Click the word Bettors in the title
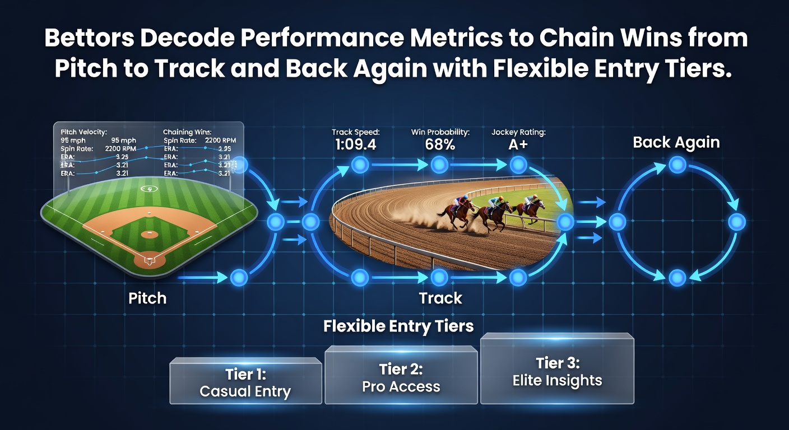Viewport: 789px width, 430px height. tap(89, 38)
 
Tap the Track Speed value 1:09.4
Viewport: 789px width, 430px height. tap(355, 144)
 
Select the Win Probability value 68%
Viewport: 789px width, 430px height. tap(440, 144)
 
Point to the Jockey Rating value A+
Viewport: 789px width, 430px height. tap(518, 144)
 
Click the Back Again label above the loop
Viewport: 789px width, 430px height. tap(676, 143)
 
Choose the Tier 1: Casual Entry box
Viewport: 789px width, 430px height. tap(245, 381)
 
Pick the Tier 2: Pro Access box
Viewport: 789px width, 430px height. tap(401, 375)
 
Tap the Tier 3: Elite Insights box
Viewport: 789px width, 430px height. tap(557, 368)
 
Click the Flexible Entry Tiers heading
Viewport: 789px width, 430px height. tap(398, 326)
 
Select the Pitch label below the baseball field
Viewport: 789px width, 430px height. tap(147, 298)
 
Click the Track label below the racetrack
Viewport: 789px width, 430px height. tap(440, 298)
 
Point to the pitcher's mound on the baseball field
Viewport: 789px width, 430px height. tap(149, 234)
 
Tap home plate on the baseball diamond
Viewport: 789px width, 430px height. tap(150, 260)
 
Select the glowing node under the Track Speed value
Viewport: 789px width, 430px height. tap(360, 165)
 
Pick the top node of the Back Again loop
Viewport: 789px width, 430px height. tap(677, 165)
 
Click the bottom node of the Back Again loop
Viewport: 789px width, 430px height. tap(677, 278)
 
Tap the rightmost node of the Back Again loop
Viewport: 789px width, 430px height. tap(737, 222)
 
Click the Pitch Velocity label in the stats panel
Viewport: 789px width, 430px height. tap(84, 132)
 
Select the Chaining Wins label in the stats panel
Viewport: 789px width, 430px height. tap(187, 132)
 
